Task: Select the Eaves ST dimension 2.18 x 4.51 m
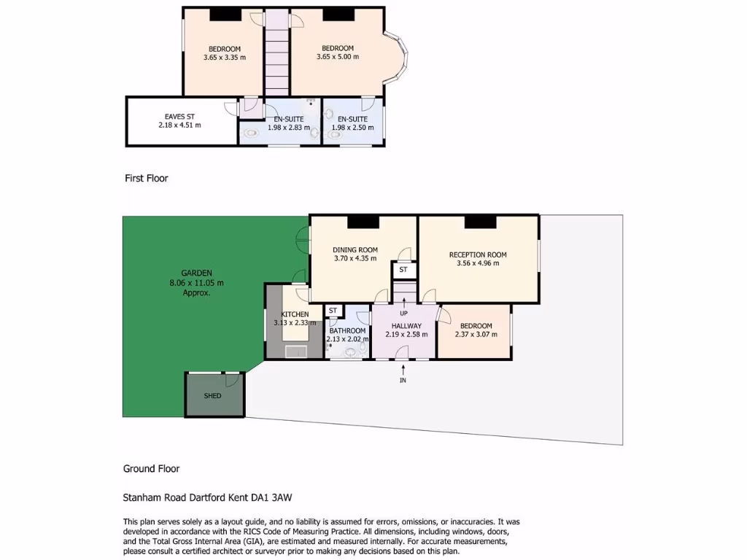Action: click(179, 125)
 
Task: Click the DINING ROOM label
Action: click(355, 249)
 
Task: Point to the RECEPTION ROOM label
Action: click(478, 254)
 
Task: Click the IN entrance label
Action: click(403, 381)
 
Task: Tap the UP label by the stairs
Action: click(403, 314)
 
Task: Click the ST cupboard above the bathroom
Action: click(333, 311)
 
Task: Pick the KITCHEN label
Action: click(295, 314)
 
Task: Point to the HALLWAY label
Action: click(406, 326)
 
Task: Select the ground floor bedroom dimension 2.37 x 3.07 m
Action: click(476, 335)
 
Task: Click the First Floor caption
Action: click(146, 178)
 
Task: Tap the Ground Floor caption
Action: click(151, 469)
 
